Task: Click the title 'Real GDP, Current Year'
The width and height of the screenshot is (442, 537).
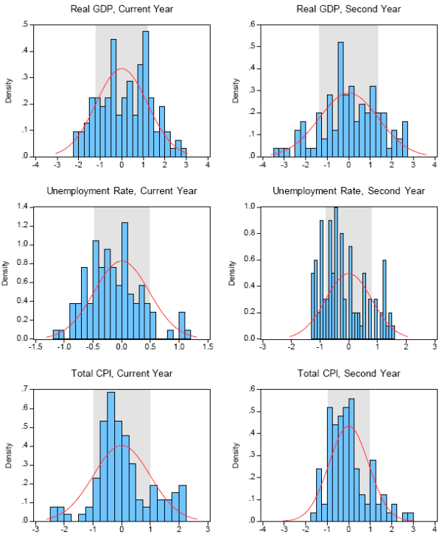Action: pos(122,8)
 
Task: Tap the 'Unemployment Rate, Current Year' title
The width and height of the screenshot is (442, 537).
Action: pos(122,191)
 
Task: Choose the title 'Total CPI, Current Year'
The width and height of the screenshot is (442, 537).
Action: pos(122,374)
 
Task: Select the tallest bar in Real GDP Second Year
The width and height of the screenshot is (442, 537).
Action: pos(340,99)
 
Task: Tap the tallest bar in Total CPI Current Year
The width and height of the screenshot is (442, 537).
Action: pos(111,456)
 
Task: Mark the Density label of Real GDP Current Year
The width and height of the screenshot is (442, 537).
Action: pos(9,91)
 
